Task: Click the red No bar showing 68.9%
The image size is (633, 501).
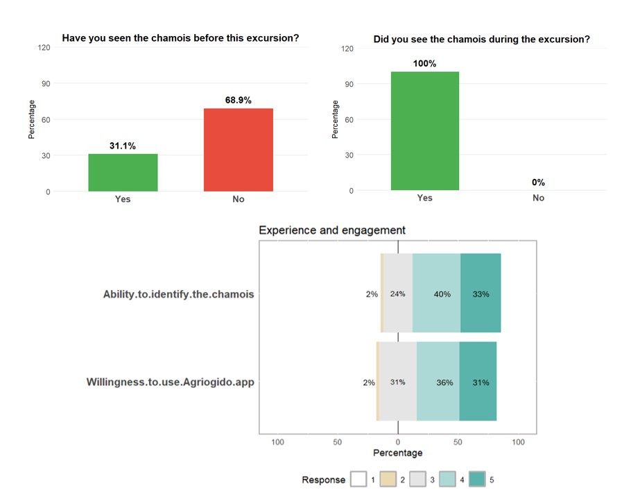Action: [x=238, y=149]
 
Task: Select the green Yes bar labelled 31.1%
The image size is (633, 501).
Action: [x=123, y=172]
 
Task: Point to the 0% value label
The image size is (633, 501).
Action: [x=538, y=182]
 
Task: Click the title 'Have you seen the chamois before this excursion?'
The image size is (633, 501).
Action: [x=181, y=38]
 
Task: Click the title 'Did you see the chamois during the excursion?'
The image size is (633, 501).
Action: [x=482, y=40]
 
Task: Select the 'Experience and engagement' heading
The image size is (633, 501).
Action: [x=332, y=230]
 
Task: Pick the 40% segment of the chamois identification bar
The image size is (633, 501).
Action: [x=437, y=294]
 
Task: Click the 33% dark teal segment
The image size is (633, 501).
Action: [x=480, y=294]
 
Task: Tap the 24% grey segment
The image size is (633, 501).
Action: [x=397, y=294]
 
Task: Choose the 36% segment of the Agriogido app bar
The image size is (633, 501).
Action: [x=438, y=382]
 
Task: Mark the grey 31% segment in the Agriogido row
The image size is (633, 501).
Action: [x=397, y=382]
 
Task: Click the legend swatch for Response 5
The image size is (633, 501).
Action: [x=476, y=479]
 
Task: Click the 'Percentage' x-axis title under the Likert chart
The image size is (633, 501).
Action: [x=397, y=453]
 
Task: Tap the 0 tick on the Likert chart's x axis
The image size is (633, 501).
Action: [x=398, y=441]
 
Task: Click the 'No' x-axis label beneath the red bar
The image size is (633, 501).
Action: [x=239, y=199]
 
